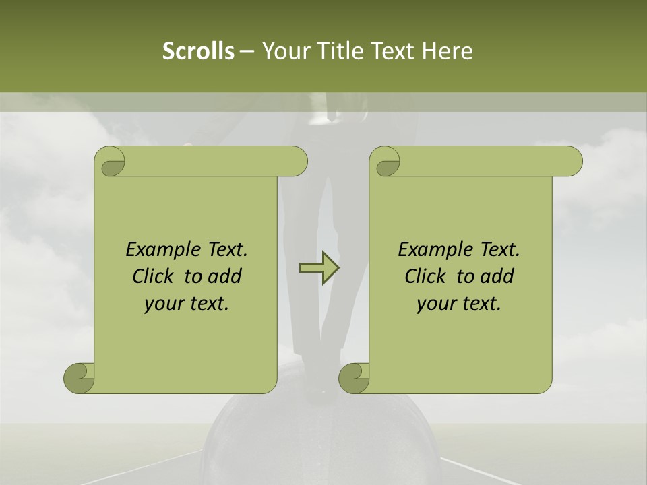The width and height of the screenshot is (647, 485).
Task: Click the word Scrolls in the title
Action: pos(198,51)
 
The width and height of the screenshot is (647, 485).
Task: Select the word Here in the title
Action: pos(448,51)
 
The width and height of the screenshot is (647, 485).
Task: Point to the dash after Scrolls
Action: pos(247,51)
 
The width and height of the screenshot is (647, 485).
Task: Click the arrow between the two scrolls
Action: pos(319,268)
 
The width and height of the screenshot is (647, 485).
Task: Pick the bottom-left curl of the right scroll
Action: pos(355,379)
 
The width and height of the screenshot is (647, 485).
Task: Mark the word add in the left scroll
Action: pos(226,276)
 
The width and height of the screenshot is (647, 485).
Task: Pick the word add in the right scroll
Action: pos(499,276)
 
